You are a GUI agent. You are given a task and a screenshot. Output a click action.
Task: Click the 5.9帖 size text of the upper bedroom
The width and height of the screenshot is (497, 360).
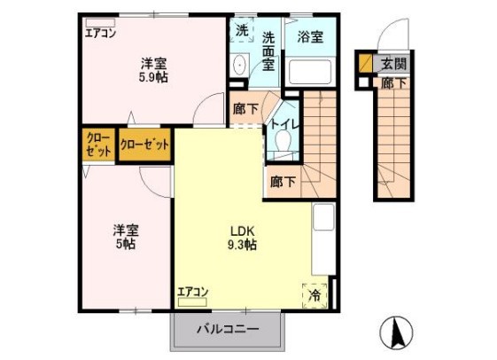[x=153, y=77]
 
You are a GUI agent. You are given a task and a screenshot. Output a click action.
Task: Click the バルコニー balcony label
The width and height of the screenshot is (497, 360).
[x=228, y=331]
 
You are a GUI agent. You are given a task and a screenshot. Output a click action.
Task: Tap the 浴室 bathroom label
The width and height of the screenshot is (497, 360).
[x=309, y=37]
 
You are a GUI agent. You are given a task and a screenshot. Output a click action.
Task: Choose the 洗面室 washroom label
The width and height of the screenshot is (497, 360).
[x=269, y=51]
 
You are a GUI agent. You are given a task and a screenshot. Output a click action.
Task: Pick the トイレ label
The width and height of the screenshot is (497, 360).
[x=283, y=123]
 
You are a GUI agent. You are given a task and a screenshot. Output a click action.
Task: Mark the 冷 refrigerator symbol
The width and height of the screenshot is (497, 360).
[x=316, y=294]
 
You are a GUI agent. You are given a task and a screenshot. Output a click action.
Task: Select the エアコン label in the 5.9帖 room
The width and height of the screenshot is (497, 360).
[x=99, y=35]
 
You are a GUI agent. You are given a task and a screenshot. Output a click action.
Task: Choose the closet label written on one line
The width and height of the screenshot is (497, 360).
[x=144, y=144]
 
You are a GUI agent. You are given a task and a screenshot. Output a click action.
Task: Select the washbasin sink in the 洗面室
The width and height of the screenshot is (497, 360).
[x=240, y=65]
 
